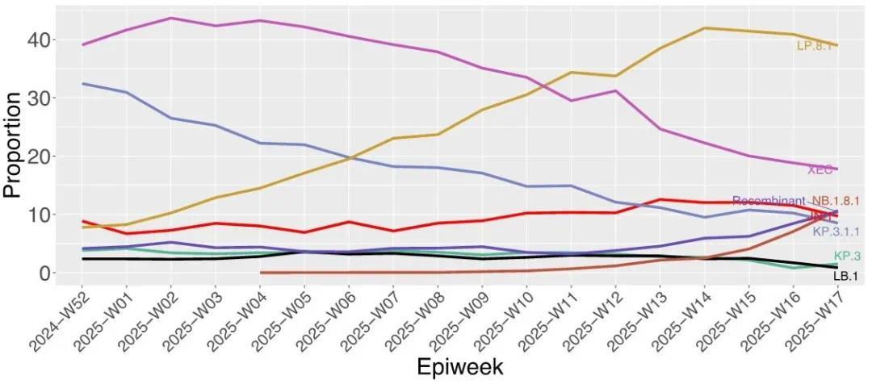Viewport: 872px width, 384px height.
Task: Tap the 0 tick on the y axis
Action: (46, 273)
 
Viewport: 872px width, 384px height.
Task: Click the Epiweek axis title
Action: (459, 367)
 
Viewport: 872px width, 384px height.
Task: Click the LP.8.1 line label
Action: (815, 46)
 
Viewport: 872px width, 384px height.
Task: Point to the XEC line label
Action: (820, 169)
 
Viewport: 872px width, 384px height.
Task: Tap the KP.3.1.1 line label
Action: (836, 232)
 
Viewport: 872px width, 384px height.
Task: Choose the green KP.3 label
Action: (846, 257)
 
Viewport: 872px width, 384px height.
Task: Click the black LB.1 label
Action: (845, 276)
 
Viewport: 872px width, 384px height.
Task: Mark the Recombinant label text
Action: (768, 201)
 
